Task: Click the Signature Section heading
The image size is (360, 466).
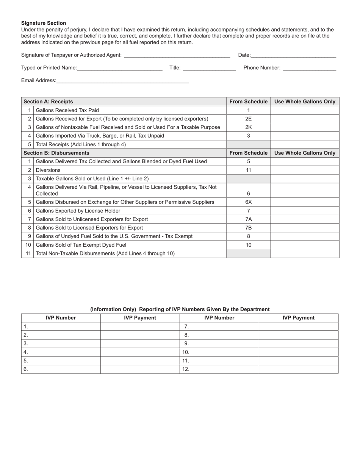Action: (x=44, y=23)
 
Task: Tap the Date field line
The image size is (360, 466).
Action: (x=293, y=55)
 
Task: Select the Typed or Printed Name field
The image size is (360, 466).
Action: (x=119, y=68)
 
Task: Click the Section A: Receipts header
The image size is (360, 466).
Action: (x=48, y=102)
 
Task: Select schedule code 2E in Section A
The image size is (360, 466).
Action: (x=248, y=119)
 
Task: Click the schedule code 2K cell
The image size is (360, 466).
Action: (x=248, y=127)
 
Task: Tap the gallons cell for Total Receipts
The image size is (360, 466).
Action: (x=305, y=144)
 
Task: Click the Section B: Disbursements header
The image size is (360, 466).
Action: (x=56, y=153)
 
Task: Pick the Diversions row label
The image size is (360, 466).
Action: (x=48, y=170)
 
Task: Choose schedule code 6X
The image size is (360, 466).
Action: (x=248, y=202)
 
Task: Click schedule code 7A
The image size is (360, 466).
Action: (x=248, y=219)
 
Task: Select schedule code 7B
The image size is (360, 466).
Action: (x=248, y=228)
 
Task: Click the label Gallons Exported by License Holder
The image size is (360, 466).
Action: (x=78, y=211)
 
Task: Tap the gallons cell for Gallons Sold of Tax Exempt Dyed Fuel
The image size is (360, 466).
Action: (x=305, y=245)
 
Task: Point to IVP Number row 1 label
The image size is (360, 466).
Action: (x=26, y=327)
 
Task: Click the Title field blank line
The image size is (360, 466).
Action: (x=209, y=68)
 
